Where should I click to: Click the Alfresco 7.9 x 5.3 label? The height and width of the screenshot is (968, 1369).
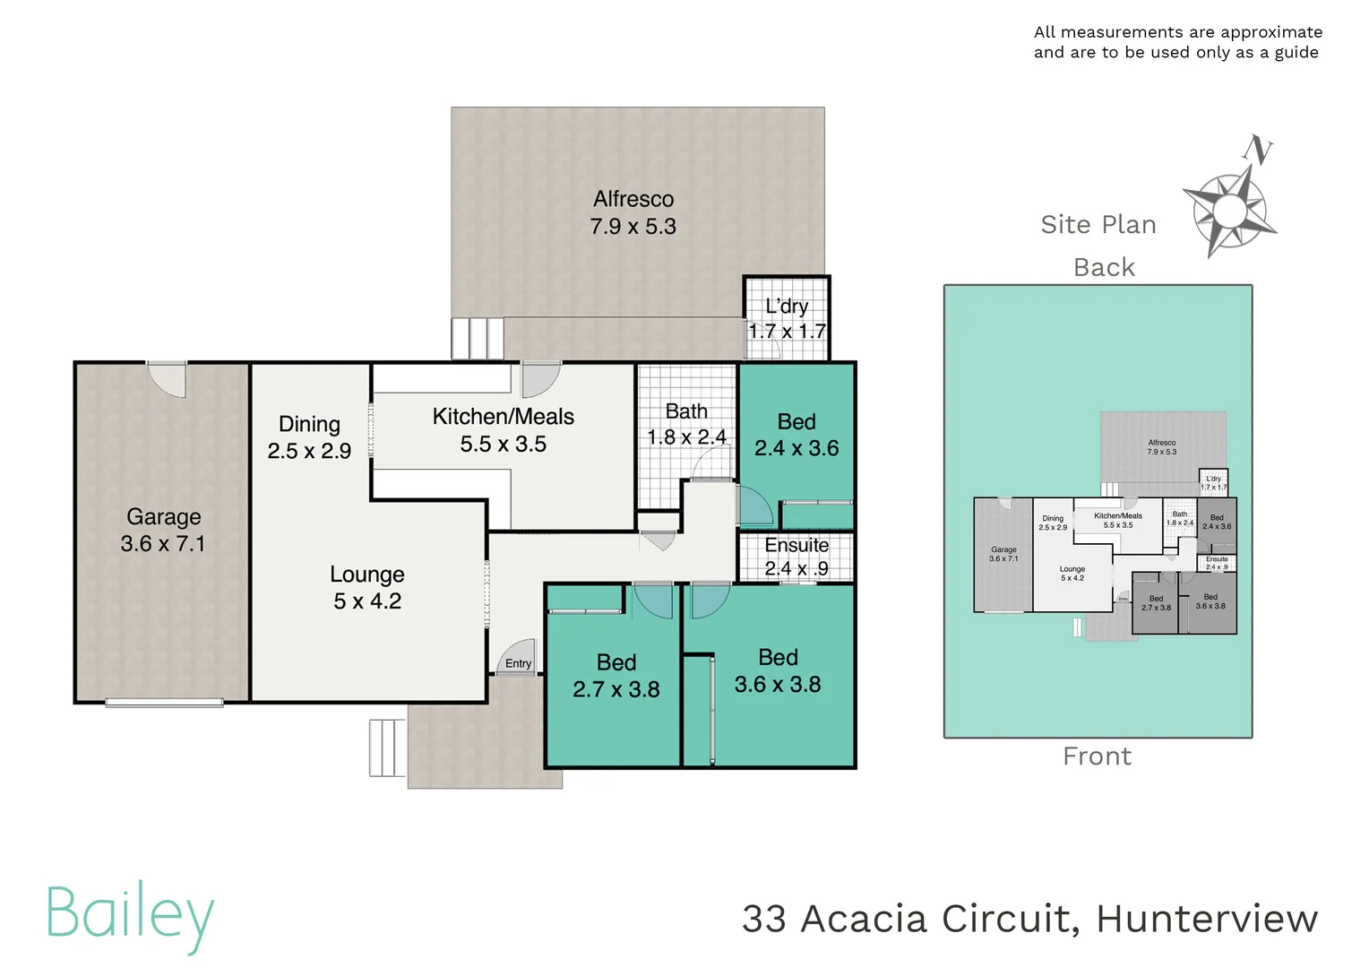click(633, 212)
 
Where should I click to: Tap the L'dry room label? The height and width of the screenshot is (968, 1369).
click(787, 319)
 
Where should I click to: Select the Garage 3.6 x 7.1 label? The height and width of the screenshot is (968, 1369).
click(163, 530)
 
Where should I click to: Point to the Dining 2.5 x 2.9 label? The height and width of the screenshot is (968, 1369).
click(309, 437)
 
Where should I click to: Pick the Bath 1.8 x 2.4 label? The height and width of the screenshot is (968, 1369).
click(686, 424)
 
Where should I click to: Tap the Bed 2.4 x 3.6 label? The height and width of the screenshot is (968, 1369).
click(796, 435)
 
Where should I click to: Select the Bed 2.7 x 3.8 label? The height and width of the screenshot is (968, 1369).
click(616, 676)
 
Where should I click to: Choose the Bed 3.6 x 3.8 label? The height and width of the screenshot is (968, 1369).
click(778, 670)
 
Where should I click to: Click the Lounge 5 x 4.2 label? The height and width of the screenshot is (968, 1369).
click(367, 587)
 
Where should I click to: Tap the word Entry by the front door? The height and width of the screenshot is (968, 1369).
click(518, 664)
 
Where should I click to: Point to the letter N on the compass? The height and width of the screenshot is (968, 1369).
click(1261, 151)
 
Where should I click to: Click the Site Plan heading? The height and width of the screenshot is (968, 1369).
click(1098, 224)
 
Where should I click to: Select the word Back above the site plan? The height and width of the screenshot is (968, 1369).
click(1104, 267)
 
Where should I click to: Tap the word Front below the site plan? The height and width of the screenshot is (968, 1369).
click(1097, 756)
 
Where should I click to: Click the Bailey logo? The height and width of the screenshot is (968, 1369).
click(131, 915)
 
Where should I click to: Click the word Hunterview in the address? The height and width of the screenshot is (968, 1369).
click(1207, 919)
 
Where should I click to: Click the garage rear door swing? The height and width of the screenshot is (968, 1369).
click(168, 379)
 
